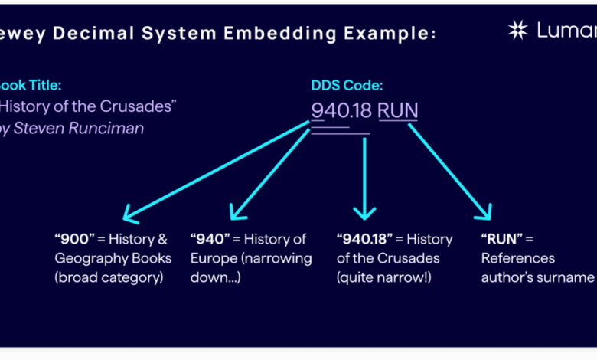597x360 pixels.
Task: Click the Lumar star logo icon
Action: point(518,30)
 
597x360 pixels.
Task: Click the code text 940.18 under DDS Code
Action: point(341,110)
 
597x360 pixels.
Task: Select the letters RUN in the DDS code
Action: point(398,110)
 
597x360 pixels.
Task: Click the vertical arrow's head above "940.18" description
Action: point(364,213)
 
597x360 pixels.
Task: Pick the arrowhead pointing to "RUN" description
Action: point(486,214)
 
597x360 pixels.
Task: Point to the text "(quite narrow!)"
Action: point(384,277)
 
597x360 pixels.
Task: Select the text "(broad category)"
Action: point(109,277)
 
